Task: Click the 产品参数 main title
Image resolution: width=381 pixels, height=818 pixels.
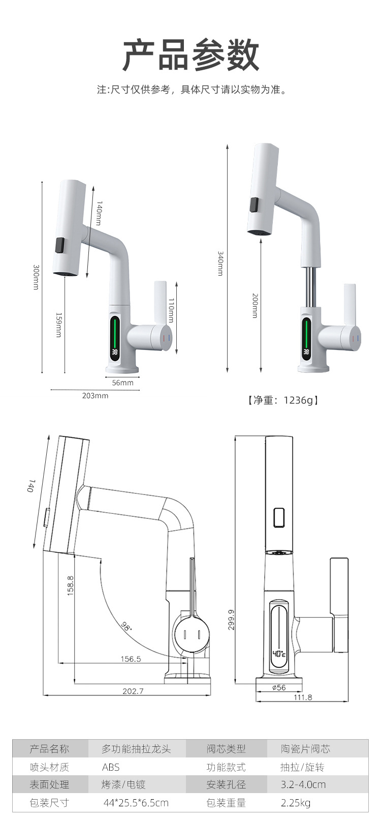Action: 190,55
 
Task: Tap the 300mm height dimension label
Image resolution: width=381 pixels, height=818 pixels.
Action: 36,277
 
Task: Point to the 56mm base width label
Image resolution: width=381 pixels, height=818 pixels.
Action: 122,383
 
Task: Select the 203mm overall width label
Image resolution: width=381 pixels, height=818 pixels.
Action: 95,395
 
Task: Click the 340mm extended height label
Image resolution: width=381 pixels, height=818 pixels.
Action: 220,263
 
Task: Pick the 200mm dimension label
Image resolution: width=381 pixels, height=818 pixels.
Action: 255,306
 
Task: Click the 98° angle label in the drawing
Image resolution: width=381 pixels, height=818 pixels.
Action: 126,625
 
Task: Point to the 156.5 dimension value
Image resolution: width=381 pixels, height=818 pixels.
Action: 131,659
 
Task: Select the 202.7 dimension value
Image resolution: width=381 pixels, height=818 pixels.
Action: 133,691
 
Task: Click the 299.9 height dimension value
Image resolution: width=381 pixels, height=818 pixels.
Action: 231,620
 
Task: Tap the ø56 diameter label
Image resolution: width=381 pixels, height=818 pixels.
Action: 279,687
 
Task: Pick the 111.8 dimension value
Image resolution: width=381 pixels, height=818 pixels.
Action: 303,697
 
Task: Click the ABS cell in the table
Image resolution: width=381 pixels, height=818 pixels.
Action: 111,767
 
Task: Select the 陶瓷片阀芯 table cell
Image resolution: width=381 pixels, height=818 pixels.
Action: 305,749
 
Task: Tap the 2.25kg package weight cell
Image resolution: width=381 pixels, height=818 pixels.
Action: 296,803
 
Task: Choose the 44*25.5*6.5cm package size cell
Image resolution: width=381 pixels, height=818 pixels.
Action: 136,803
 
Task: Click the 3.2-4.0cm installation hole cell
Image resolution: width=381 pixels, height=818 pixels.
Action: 303,784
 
